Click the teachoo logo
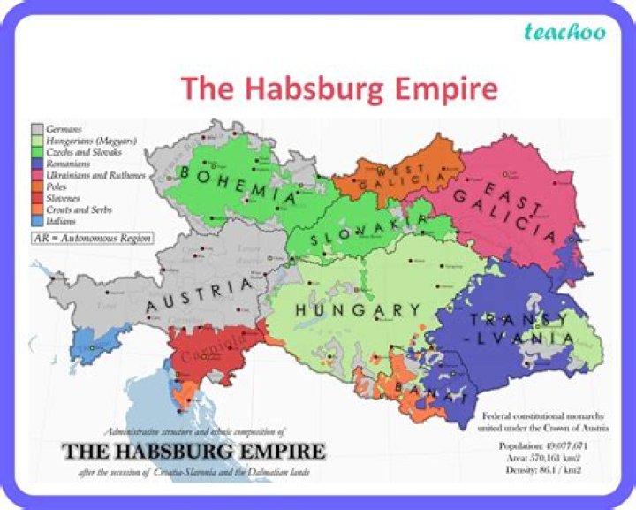pos(564,33)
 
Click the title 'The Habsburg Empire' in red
pos(339,89)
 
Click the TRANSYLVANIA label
pos(511,329)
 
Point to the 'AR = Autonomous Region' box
pos(91,239)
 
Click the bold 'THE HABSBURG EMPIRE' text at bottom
pos(193,452)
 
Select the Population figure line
pos(542,445)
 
